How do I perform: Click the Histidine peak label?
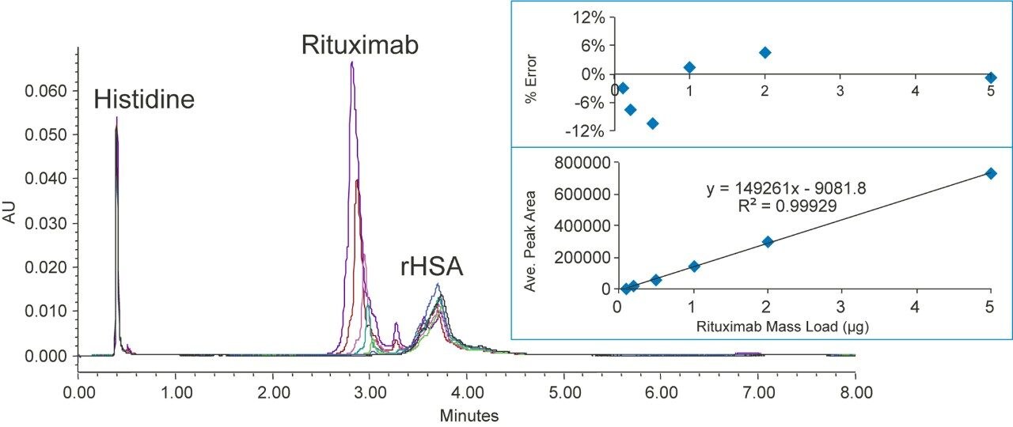click(144, 99)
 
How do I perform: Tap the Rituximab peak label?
click(360, 44)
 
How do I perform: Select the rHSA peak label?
click(431, 268)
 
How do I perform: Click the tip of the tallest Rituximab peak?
click(351, 62)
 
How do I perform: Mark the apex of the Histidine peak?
click(116, 118)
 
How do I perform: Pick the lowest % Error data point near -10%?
click(653, 123)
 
